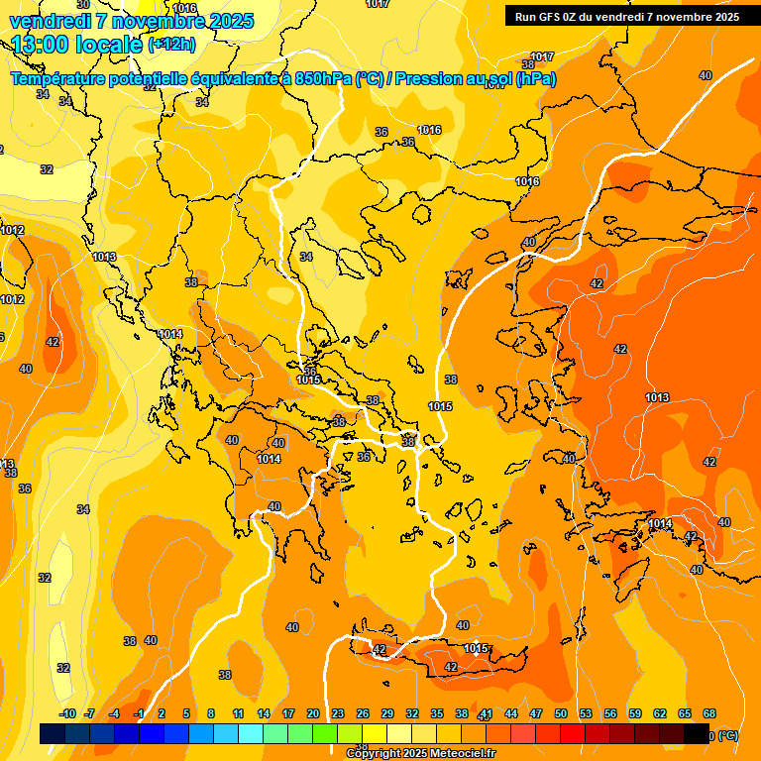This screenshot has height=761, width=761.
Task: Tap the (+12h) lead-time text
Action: pos(171,45)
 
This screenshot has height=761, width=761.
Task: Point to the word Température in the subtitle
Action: pos(57,79)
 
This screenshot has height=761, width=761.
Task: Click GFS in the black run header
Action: pos(552,16)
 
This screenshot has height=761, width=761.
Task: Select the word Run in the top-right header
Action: pos(527,16)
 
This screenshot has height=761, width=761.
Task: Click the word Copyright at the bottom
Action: pos(375,754)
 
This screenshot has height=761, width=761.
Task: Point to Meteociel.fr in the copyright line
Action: pos(462,754)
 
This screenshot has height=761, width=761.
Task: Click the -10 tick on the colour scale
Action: pos(67,713)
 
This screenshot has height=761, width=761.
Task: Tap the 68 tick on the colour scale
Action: pos(709,713)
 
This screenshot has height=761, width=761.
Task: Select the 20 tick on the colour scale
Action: pos(313,713)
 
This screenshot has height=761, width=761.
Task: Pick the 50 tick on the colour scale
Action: pos(561,713)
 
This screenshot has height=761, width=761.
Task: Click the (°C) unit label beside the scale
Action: pos(727,735)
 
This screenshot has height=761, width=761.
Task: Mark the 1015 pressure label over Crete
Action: pos(477,649)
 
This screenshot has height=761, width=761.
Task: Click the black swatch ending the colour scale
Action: pos(698,734)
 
